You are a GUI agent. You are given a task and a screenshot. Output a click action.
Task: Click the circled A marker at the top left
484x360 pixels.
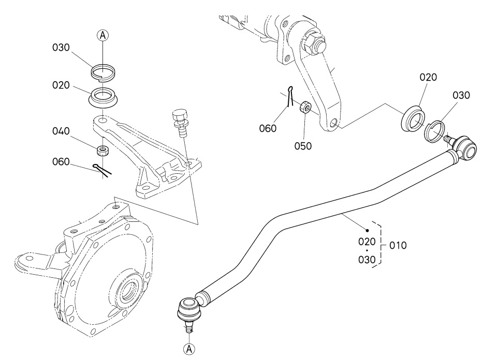pyautogui.click(x=103, y=36)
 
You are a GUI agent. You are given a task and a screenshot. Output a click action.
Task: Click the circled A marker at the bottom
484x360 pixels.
pyautogui.click(x=189, y=349)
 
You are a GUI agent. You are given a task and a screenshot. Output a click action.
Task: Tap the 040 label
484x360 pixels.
pyautogui.click(x=61, y=131)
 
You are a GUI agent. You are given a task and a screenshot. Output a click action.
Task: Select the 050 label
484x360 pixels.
pyautogui.click(x=303, y=146)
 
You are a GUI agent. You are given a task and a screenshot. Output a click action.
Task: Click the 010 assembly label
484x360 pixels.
pyautogui.click(x=398, y=246)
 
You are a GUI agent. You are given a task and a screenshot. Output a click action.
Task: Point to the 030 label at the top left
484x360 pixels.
pyautogui.click(x=61, y=48)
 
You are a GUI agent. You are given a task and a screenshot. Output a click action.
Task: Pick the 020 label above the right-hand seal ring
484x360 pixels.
pyautogui.click(x=428, y=77)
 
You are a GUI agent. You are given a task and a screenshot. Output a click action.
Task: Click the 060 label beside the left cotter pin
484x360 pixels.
pyautogui.click(x=61, y=162)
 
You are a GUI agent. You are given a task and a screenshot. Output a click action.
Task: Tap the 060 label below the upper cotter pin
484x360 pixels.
pyautogui.click(x=268, y=128)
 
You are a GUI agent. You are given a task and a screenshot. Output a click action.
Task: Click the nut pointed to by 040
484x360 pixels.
pyautogui.click(x=102, y=151)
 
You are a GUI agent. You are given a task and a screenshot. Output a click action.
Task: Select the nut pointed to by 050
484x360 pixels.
pyautogui.click(x=305, y=107)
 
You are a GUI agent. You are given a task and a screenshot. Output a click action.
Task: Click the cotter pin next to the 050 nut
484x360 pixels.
pyautogui.click(x=289, y=97)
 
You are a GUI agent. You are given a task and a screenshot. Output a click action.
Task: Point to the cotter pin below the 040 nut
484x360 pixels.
pyautogui.click(x=102, y=170)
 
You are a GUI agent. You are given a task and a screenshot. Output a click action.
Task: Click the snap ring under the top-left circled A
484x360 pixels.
pyautogui.click(x=103, y=73)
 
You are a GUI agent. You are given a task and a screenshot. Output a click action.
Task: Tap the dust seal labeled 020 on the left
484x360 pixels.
pyautogui.click(x=104, y=97)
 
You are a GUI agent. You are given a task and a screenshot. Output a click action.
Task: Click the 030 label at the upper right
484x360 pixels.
pyautogui.click(x=461, y=95)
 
